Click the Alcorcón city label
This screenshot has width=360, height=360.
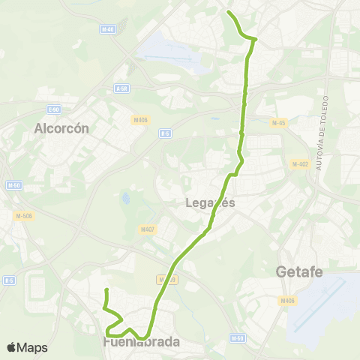tap(61, 128)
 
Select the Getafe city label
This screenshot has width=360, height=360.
tap(299, 271)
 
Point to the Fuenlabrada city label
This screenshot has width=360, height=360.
tap(142, 342)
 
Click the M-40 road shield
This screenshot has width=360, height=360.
tap(107, 29)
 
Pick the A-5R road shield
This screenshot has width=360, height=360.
tap(122, 88)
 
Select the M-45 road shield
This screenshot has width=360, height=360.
tap(279, 123)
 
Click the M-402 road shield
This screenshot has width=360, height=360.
tap(300, 164)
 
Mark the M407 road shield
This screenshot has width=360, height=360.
tap(147, 229)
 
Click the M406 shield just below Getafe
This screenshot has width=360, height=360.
tap(287, 301)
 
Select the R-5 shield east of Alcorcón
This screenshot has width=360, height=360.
tap(164, 133)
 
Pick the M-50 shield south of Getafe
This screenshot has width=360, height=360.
tap(239, 339)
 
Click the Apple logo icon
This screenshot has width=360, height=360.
tap(11, 347)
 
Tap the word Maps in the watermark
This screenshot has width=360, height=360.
tap(32, 347)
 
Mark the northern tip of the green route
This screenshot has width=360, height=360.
tap(228, 12)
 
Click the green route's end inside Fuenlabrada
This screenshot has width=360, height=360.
tap(106, 289)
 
